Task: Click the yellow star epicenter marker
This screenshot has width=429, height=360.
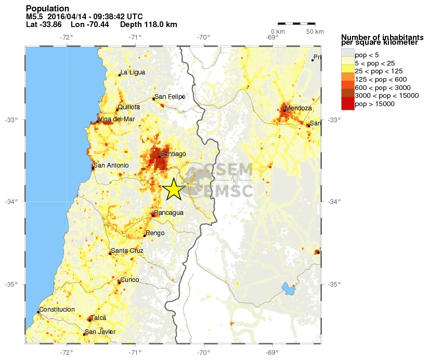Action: click(173, 189)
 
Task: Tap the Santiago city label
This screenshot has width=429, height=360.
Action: click(173, 154)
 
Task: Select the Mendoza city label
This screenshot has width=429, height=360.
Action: click(299, 108)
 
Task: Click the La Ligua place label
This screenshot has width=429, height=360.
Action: click(133, 72)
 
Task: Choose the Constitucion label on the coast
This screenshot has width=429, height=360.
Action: click(57, 310)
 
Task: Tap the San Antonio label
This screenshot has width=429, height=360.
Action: click(111, 165)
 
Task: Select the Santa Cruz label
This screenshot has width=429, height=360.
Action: click(127, 251)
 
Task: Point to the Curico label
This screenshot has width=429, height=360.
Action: click(129, 280)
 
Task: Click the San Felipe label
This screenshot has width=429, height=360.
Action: click(170, 96)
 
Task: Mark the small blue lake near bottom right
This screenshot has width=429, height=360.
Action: click(286, 287)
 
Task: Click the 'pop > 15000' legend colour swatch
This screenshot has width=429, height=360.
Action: click(347, 104)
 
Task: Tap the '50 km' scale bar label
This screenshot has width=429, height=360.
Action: click(315, 32)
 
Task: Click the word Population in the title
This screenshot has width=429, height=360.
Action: click(47, 8)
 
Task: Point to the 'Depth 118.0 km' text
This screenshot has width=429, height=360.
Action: click(148, 24)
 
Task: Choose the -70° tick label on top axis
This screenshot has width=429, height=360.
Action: click(203, 37)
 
